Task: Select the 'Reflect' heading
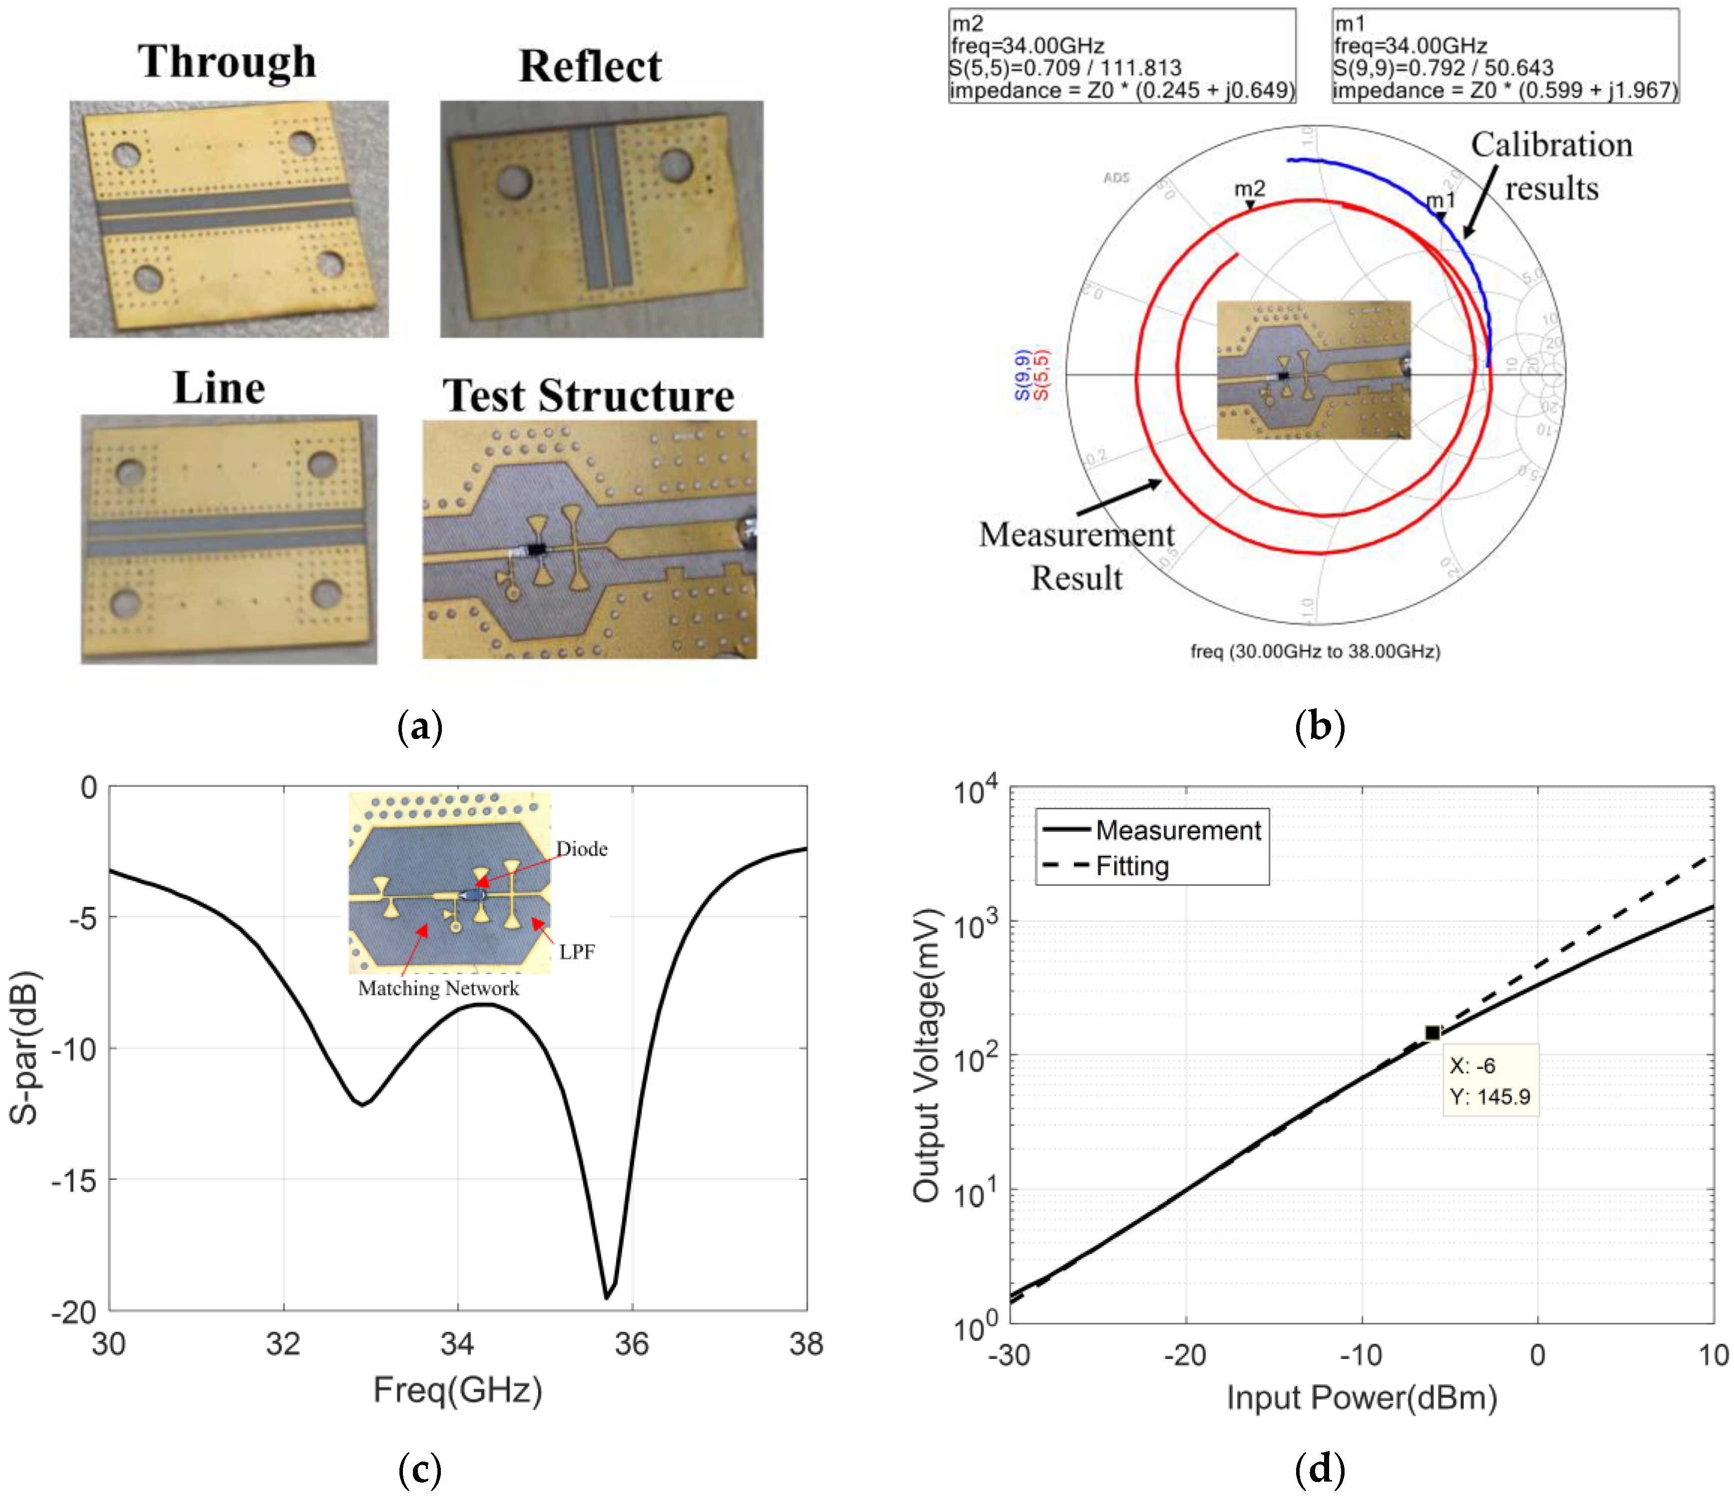tap(590, 66)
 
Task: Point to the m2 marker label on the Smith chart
tap(1249, 189)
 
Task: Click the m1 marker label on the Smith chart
tap(1440, 200)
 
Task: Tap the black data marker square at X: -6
tap(1432, 1033)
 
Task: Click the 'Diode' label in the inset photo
tap(582, 849)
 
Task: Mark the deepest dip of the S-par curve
tap(607, 1297)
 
